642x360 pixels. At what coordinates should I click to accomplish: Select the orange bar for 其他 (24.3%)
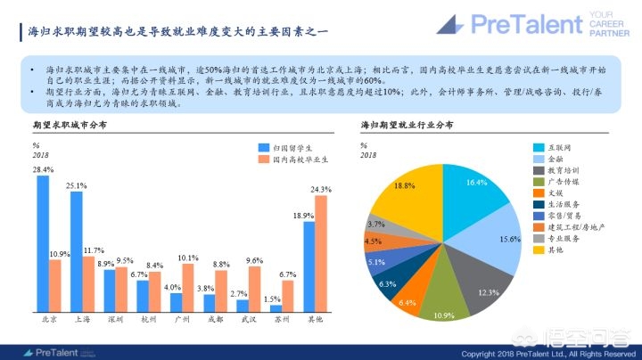[x=321, y=253]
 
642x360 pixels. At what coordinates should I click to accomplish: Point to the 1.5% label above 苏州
[x=272, y=299]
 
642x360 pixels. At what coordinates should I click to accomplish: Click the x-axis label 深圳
[x=115, y=319]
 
